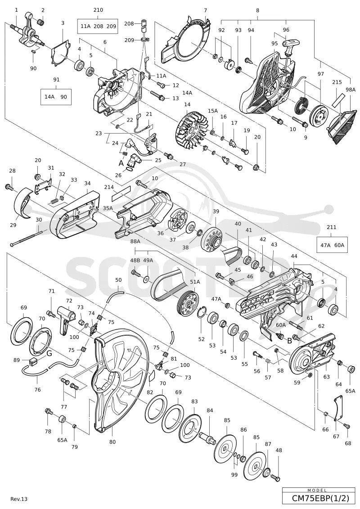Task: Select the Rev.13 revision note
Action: [x=19, y=499]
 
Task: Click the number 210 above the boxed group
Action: [x=98, y=10]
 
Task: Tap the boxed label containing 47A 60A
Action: [x=332, y=245]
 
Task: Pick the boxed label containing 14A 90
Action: [x=56, y=97]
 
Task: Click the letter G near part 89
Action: [x=49, y=353]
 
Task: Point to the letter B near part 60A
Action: [x=289, y=341]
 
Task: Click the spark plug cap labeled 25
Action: [x=135, y=159]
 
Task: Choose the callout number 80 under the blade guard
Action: [x=112, y=442]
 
